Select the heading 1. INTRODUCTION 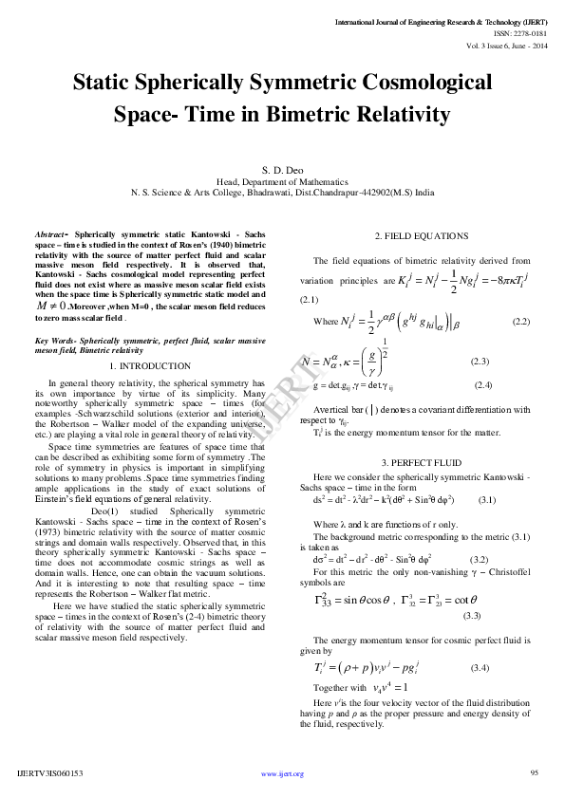(x=151, y=365)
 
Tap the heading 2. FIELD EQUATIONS (x=418, y=235)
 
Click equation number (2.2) (x=520, y=323)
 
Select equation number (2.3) (x=480, y=362)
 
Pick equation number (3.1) (x=487, y=499)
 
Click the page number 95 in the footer (x=535, y=772)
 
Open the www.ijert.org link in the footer (x=282, y=774)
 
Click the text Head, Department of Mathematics (x=282, y=180)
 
